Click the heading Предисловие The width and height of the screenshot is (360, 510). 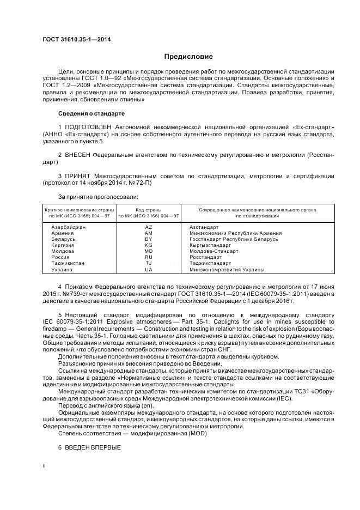188,56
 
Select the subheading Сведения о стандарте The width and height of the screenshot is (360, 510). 91,113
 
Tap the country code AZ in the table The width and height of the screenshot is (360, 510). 149,227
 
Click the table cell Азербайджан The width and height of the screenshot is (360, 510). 68,227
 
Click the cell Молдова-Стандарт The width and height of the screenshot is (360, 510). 213,251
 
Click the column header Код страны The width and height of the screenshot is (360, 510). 149,209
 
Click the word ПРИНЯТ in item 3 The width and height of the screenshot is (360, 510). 78,176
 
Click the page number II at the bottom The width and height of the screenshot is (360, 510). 45,466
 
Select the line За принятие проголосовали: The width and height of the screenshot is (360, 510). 98,196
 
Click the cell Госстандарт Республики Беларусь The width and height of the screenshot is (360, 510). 234,239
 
